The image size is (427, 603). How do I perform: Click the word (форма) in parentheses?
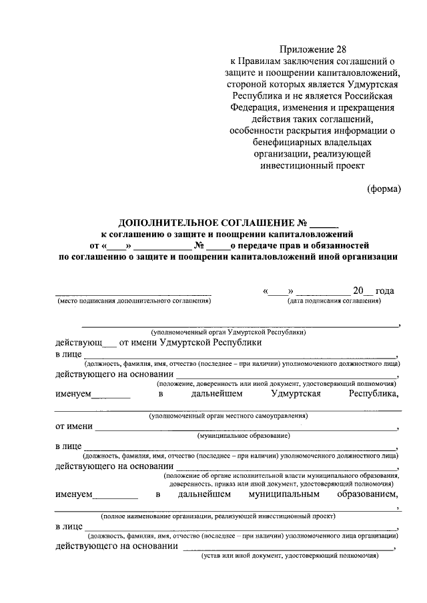tap(384, 189)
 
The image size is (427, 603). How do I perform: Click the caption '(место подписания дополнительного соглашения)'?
tap(132, 301)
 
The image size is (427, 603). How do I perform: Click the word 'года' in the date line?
tap(385, 291)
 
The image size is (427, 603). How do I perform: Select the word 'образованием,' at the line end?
tap(368, 495)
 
